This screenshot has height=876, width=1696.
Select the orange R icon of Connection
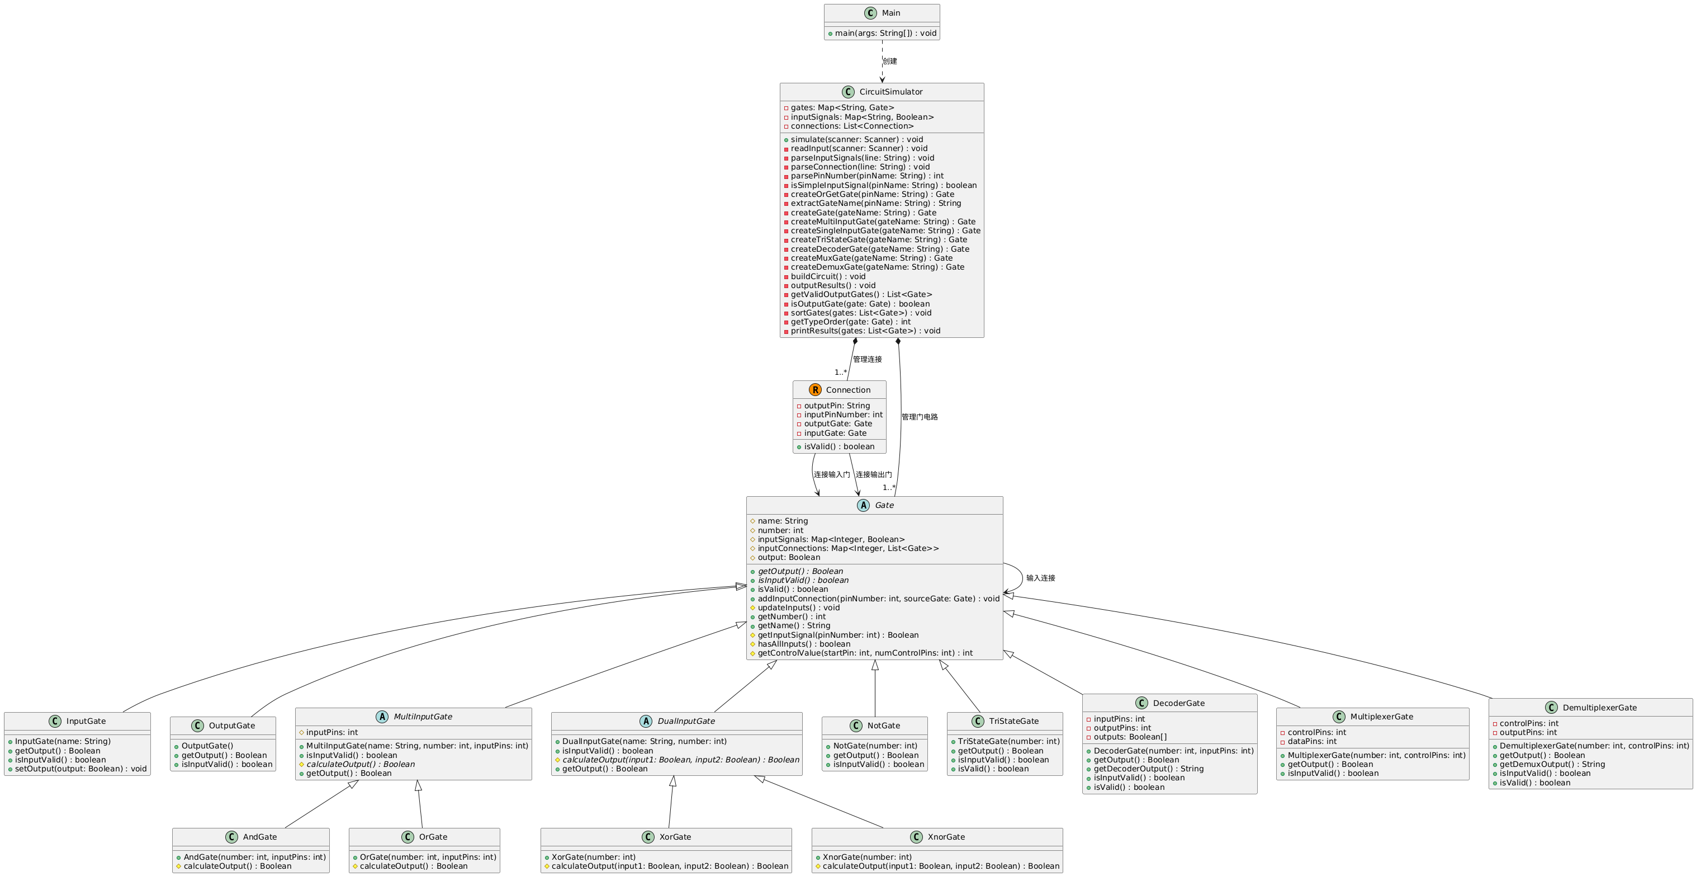click(x=815, y=390)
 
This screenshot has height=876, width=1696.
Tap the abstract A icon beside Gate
click(x=863, y=505)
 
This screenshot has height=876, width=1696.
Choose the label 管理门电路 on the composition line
click(x=919, y=417)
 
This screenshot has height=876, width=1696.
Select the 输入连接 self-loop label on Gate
click(x=1040, y=578)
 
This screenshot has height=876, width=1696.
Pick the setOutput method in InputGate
click(x=80, y=769)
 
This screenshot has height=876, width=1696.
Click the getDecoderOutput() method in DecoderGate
click(x=1148, y=769)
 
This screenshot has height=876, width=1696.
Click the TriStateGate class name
click(x=1013, y=721)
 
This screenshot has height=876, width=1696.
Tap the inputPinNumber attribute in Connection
click(x=843, y=415)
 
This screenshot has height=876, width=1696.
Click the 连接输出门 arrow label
click(x=874, y=475)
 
